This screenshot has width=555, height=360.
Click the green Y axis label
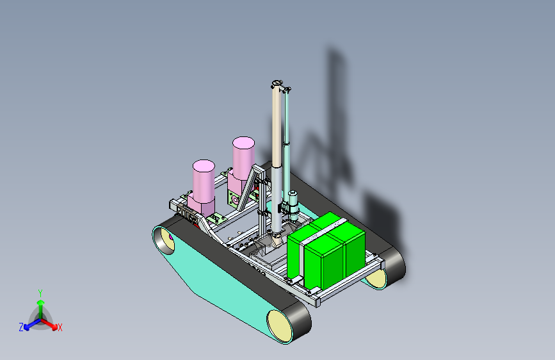pyautogui.click(x=40, y=293)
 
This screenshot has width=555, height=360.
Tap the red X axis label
pyautogui.click(x=60, y=328)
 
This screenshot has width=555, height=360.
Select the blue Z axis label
pyautogui.click(x=21, y=327)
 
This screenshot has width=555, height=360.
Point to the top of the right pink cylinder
pyautogui.click(x=243, y=142)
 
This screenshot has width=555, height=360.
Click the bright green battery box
pyautogui.click(x=326, y=251)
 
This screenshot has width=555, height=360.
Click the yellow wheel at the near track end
pyautogui.click(x=279, y=326)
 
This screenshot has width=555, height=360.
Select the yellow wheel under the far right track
pyautogui.click(x=376, y=279)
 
